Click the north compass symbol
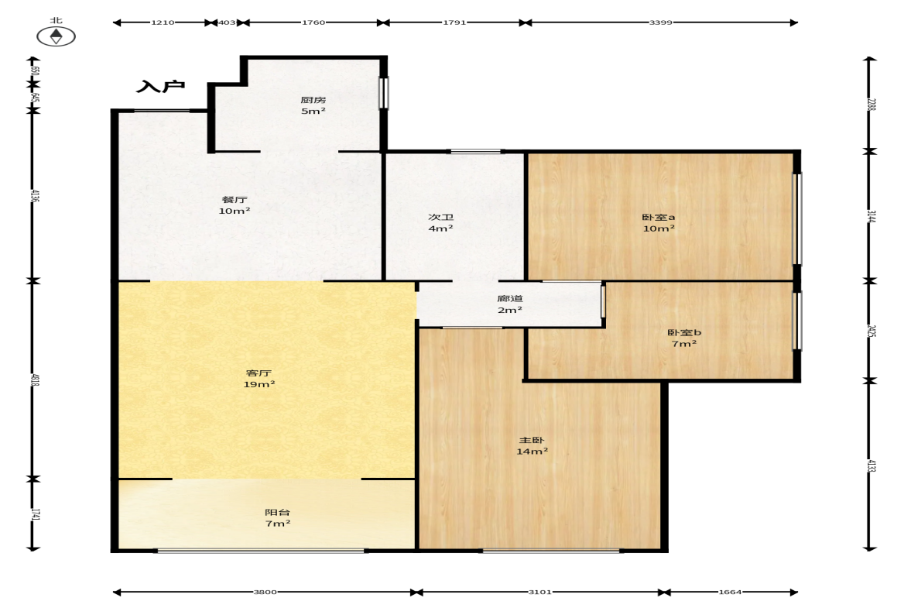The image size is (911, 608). click(56, 36)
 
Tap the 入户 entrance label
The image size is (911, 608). click(160, 87)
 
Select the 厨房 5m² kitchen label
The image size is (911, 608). click(313, 105)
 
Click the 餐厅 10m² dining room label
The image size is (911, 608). click(235, 205)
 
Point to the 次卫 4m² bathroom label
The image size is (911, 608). click(440, 222)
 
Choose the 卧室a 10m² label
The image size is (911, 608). click(658, 222)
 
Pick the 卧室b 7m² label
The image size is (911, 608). click(684, 338)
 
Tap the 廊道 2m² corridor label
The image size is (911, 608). click(509, 304)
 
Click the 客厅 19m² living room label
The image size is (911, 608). click(259, 379)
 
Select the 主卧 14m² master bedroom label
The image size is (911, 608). click(532, 446)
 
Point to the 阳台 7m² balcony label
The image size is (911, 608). click(277, 517)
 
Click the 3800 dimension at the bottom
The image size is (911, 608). click(265, 592)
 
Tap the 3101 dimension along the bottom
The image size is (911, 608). click(539, 592)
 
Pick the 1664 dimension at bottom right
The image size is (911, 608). click(730, 592)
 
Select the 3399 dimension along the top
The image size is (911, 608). click(660, 22)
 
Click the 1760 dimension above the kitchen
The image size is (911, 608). click(313, 22)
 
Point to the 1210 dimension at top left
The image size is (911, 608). click(163, 22)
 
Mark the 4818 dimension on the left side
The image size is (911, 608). click(35, 380)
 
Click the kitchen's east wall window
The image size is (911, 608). click(383, 92)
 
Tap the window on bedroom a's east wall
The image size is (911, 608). click(798, 219)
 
